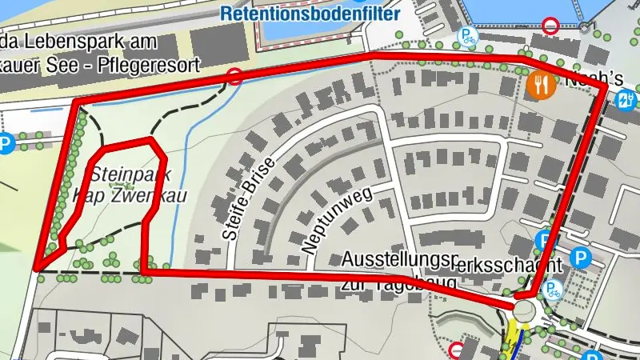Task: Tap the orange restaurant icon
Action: pos(541,84)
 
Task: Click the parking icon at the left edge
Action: pos(6,145)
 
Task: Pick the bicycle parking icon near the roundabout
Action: pos(553,290)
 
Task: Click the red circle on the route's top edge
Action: pos(234,78)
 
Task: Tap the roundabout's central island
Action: pos(525,310)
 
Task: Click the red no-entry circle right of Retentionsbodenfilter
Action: pos(550,26)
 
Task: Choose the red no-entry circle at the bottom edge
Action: pos(457,350)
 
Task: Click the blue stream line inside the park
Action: pos(186,160)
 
